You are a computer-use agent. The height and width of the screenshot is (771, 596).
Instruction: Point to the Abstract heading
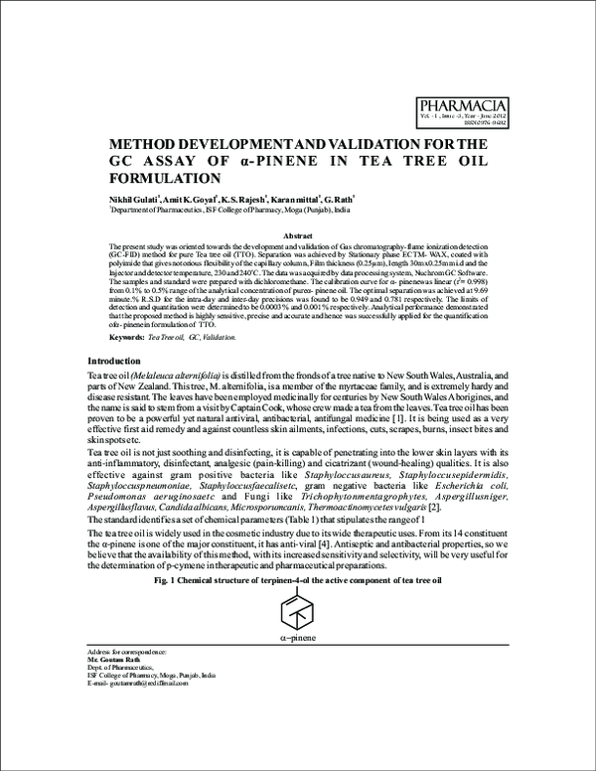click(297, 234)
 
